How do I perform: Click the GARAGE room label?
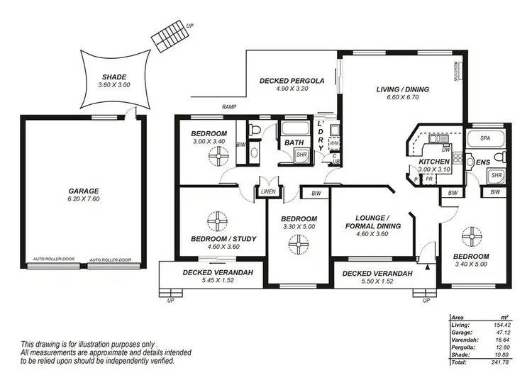[84, 191]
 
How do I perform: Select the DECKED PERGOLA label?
[292, 81]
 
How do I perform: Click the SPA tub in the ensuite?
[485, 138]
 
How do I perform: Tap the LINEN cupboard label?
[268, 191]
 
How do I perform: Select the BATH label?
[294, 143]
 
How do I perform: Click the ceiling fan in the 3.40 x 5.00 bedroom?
[470, 235]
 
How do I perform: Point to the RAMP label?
[228, 107]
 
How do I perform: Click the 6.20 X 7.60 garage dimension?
[84, 200]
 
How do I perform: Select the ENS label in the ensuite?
[483, 162]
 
